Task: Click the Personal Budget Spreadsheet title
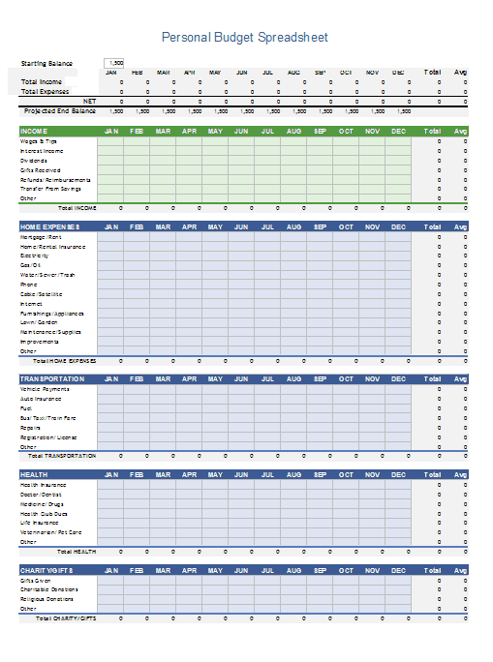click(244, 38)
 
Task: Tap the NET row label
click(89, 101)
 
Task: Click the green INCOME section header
click(35, 131)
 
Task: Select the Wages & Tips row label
click(39, 141)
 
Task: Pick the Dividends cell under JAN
click(110, 161)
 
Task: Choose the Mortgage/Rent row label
click(41, 236)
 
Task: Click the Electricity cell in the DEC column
click(397, 256)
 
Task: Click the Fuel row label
click(26, 408)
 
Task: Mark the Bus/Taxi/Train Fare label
click(46, 418)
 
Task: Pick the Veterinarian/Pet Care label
click(50, 532)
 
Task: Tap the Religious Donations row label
click(47, 598)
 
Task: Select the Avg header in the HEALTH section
click(461, 474)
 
